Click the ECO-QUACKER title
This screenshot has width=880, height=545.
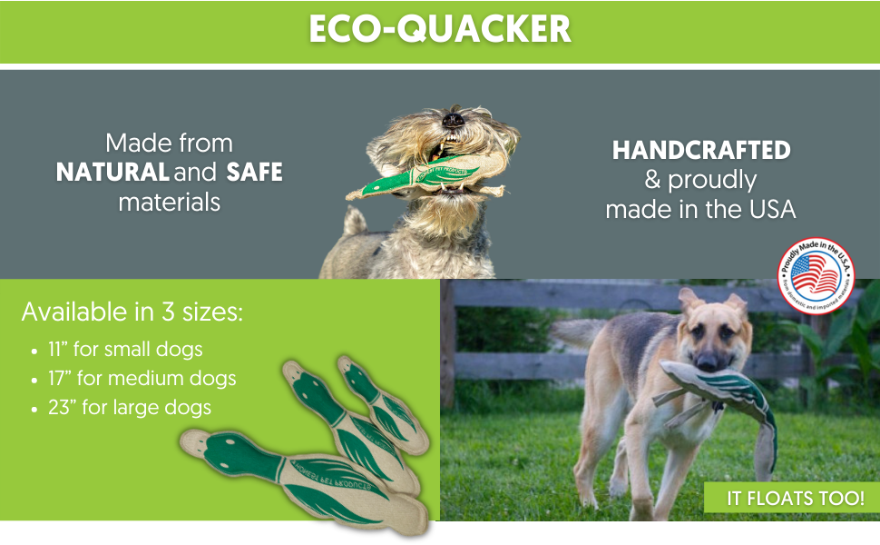tap(440, 30)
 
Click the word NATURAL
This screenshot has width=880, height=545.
tap(112, 172)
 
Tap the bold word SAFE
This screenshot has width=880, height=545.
tap(255, 172)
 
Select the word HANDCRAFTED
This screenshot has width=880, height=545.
tap(701, 151)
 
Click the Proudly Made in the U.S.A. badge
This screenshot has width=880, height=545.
tap(816, 272)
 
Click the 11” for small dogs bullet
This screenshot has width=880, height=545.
tap(125, 349)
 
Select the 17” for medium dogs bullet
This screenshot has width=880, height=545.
tap(142, 378)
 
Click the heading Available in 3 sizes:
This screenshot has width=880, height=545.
tap(132, 312)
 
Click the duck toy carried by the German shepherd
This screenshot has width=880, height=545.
tap(726, 391)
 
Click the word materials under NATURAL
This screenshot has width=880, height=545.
tap(170, 201)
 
